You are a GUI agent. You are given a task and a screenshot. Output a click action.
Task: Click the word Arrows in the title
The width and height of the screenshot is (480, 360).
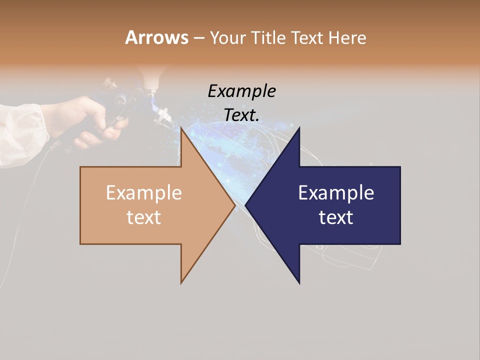click(x=156, y=37)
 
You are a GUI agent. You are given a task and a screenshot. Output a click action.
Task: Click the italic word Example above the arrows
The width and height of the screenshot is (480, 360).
click(x=241, y=91)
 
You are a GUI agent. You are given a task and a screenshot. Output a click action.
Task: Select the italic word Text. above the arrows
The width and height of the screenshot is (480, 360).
click(x=241, y=115)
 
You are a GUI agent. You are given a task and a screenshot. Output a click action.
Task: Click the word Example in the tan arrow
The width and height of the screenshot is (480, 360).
click(x=143, y=193)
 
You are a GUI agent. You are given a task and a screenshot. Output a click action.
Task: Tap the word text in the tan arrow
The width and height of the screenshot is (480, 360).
click(x=143, y=217)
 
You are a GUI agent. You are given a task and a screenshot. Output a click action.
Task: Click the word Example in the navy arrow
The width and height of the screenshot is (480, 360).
click(x=336, y=193)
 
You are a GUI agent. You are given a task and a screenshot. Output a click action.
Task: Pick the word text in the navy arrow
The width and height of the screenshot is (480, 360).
click(x=336, y=217)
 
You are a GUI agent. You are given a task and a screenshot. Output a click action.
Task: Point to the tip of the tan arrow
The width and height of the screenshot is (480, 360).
click(x=235, y=205)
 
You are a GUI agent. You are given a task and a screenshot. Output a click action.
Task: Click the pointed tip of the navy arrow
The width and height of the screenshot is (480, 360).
click(x=246, y=205)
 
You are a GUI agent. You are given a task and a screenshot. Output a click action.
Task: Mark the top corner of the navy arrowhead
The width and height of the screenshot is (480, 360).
click(x=299, y=128)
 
